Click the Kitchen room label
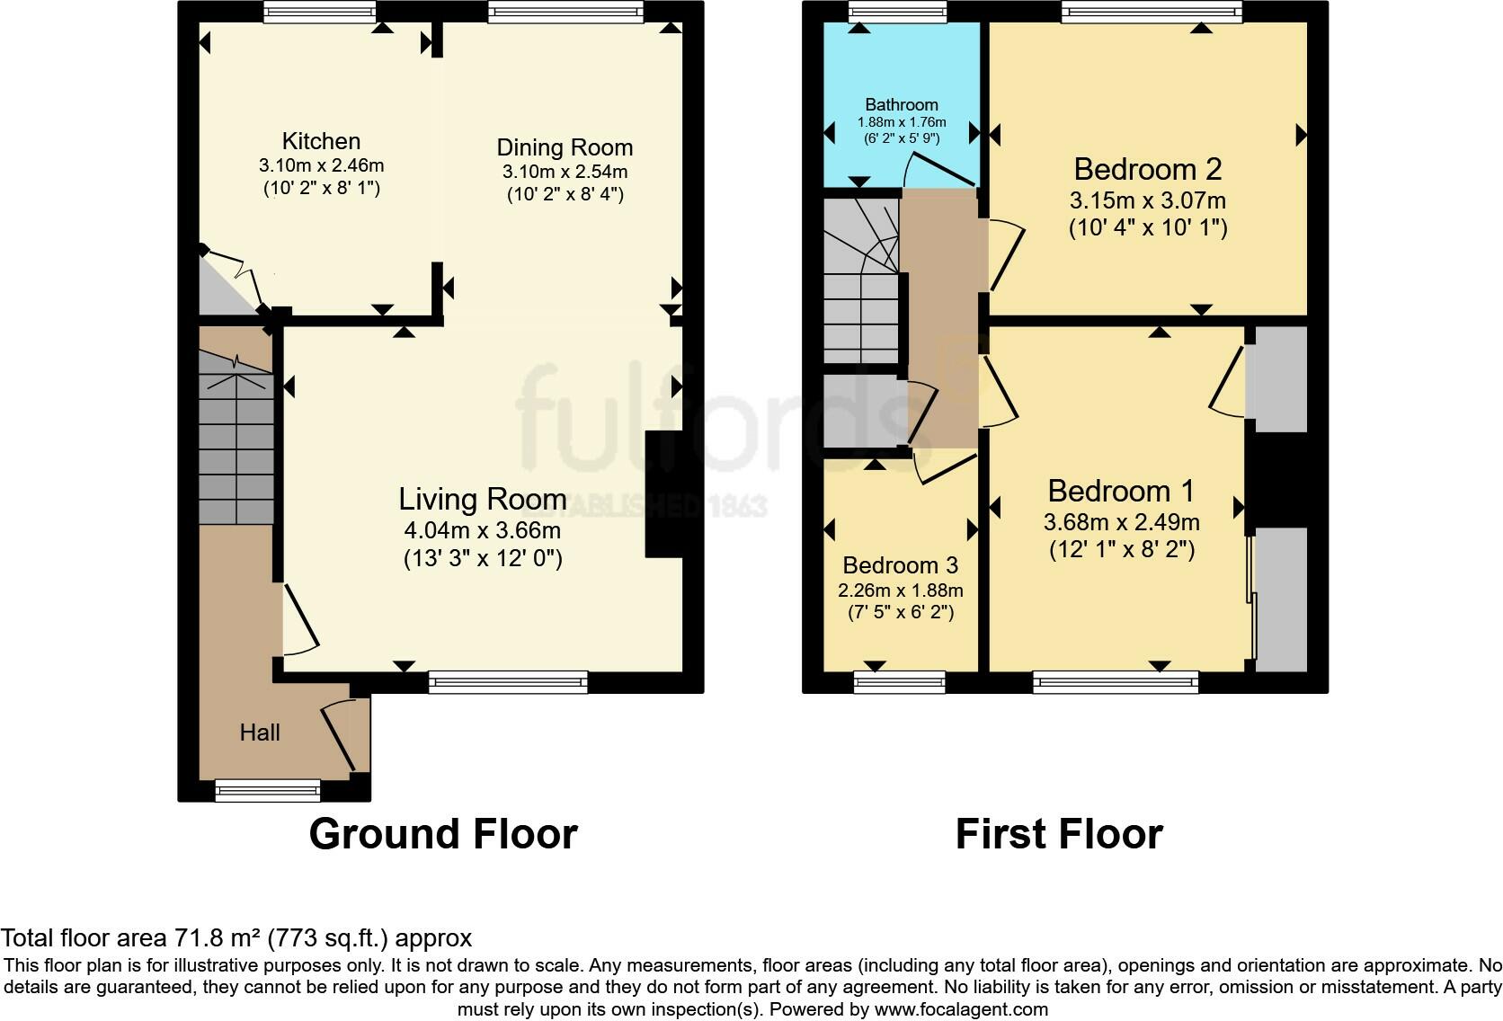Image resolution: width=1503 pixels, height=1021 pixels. pyautogui.click(x=321, y=141)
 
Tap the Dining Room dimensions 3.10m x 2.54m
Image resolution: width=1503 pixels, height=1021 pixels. pyautogui.click(x=565, y=172)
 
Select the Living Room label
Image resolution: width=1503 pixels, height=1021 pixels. pyautogui.click(x=483, y=499)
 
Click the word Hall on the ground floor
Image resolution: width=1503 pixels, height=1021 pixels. pyautogui.click(x=260, y=732)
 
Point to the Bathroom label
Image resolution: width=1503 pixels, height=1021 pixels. pyautogui.click(x=901, y=104)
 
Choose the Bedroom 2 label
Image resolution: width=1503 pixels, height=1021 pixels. pyautogui.click(x=1147, y=169)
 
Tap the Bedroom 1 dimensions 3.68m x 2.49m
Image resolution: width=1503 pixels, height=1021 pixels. pyautogui.click(x=1121, y=522)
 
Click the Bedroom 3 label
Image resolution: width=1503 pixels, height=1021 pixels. pyautogui.click(x=900, y=565)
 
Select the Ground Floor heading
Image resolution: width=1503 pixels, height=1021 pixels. pyautogui.click(x=443, y=834)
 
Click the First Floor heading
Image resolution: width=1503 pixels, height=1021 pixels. pyautogui.click(x=1059, y=834)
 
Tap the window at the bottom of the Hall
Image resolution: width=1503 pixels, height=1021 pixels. pyautogui.click(x=268, y=791)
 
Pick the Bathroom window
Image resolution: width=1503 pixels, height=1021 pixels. pyautogui.click(x=897, y=12)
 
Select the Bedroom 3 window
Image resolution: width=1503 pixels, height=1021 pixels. pyautogui.click(x=899, y=682)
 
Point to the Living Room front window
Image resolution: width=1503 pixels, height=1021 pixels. pyautogui.click(x=508, y=682)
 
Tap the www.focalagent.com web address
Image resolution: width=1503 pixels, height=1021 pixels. pyautogui.click(x=961, y=1009)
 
